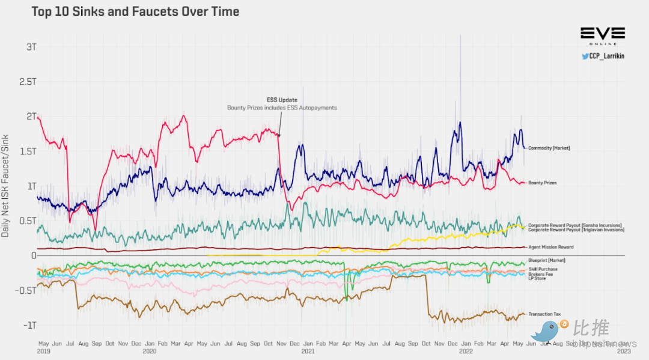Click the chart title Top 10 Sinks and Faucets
coord(136,11)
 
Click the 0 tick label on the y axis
coord(34,255)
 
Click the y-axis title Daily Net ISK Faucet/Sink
coord(5,186)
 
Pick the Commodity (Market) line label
coord(549,148)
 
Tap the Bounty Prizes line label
coord(542,183)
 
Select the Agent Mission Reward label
coord(551,247)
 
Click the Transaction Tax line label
coord(544,314)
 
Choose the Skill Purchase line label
coord(543,269)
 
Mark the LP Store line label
coord(537,278)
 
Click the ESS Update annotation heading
coord(282,100)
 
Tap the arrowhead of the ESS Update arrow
coord(280,137)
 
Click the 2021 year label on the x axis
coord(308,350)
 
